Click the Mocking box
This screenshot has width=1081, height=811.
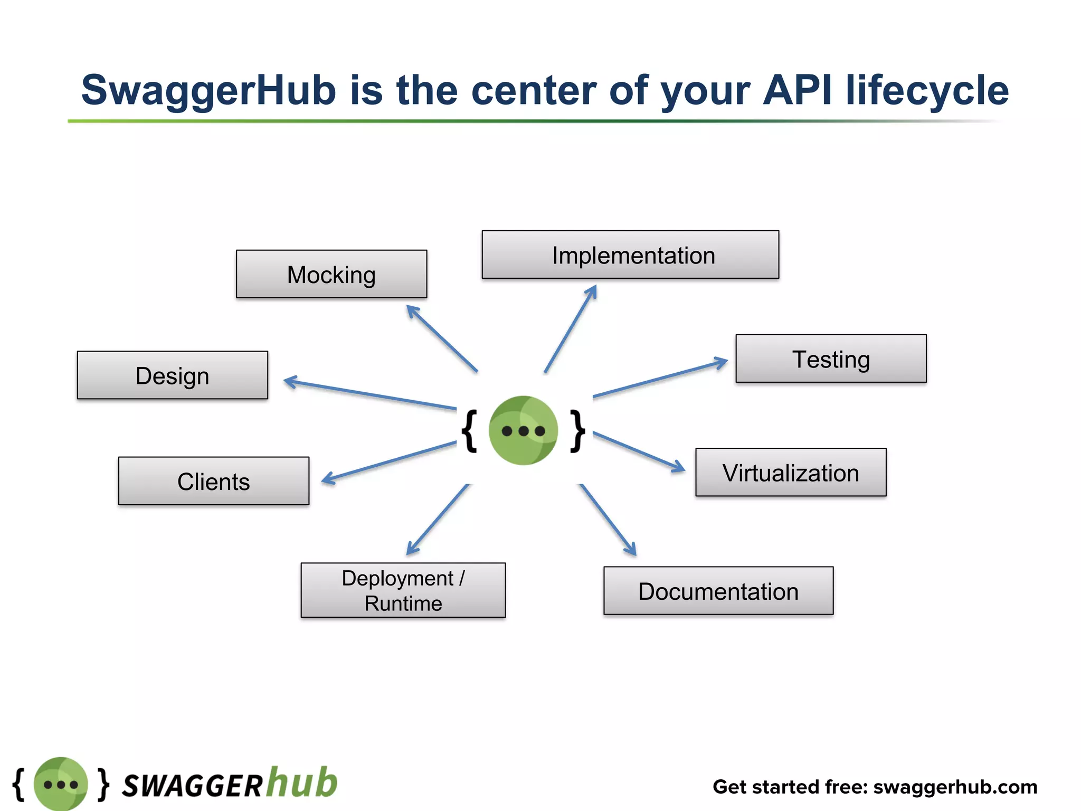331,274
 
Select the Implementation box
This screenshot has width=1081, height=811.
630,254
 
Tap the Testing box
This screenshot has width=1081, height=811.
831,359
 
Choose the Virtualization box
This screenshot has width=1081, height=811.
791,472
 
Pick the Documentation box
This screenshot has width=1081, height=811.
718,591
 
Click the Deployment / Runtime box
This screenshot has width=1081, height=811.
403,590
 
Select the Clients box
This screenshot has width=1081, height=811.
214,481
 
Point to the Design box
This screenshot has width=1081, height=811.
173,375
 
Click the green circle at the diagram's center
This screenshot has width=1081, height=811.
523,430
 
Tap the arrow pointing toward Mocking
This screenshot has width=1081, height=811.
442,338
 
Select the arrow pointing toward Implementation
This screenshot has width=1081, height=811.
571,329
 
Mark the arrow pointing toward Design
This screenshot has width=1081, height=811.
369,394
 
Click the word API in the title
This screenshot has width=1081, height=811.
797,90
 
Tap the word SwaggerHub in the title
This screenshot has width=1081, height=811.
208,90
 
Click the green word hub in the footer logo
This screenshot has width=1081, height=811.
301,782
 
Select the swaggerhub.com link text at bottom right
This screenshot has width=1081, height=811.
955,787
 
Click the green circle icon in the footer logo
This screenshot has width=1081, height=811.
61,784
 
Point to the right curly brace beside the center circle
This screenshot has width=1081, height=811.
578,431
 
